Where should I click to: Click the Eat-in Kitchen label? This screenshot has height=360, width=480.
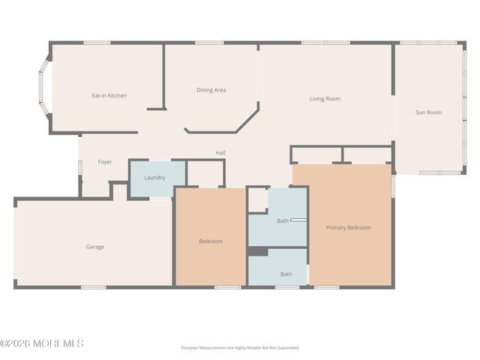(x=109, y=96)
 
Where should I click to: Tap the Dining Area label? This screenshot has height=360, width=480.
(x=211, y=90)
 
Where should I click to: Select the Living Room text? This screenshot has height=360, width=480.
(x=325, y=99)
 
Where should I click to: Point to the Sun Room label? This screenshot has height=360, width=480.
(x=428, y=112)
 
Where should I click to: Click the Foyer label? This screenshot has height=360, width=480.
(x=105, y=162)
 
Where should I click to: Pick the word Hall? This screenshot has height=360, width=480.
(x=220, y=153)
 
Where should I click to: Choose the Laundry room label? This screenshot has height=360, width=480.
(x=154, y=178)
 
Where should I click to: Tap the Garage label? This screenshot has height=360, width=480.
(x=94, y=247)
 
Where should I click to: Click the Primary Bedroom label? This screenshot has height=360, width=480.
(x=348, y=227)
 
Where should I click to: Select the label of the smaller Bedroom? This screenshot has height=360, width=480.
(x=210, y=241)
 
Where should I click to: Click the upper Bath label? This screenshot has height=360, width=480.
(x=282, y=220)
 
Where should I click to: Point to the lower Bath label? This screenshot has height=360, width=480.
(x=286, y=274)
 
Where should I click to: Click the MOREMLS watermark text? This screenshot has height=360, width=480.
(x=42, y=344)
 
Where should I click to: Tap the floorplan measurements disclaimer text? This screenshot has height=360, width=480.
(x=240, y=348)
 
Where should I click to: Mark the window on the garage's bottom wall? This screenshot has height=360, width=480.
(x=93, y=287)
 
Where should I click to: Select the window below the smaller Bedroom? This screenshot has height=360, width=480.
(x=227, y=287)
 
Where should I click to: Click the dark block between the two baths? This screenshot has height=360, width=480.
(x=258, y=252)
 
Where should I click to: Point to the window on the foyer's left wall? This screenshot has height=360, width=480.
(x=79, y=166)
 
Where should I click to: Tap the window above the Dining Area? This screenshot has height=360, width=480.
(x=210, y=43)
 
